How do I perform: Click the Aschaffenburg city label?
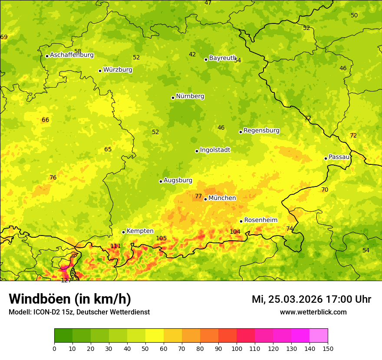[x=72, y=55]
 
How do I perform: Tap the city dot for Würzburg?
[x=100, y=71]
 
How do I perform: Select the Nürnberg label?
[x=190, y=96]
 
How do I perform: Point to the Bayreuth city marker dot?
[x=206, y=59]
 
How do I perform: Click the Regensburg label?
[x=261, y=131]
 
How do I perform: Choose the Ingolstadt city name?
[x=215, y=150]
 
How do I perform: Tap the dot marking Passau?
[x=326, y=158]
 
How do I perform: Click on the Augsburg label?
[x=178, y=180]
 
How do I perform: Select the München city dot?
[x=205, y=199]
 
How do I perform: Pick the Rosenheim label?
[x=260, y=220]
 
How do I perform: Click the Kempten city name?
[x=140, y=231]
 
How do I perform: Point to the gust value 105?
[x=161, y=238]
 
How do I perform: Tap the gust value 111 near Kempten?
[x=115, y=246]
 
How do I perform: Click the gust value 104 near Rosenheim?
[x=235, y=232]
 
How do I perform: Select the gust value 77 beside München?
[x=198, y=196]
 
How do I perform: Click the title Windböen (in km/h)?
[x=70, y=299]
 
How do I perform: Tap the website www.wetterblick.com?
[x=313, y=312]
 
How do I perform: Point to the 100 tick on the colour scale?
[x=237, y=348]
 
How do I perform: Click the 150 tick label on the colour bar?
[x=328, y=348]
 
